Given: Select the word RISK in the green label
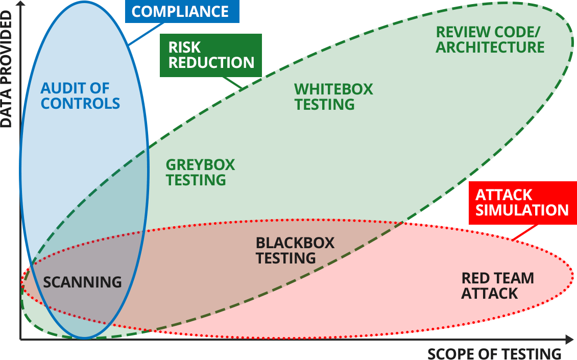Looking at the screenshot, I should click(185, 47).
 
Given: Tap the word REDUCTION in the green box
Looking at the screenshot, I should click(211, 63).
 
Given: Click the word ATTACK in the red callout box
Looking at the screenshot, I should click(496, 195).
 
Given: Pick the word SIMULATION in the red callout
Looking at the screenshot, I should click(522, 210).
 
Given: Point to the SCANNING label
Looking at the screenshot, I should click(82, 282).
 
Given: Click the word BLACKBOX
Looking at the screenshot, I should click(295, 243).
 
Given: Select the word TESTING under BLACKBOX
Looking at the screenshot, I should click(286, 258).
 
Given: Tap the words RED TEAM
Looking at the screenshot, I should click(497, 278).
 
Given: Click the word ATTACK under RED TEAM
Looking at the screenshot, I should click(489, 294).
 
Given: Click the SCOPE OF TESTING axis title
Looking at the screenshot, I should click(494, 353).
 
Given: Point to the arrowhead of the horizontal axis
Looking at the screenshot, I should click(569, 339).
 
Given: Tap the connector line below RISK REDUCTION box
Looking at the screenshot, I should click(232, 83).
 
